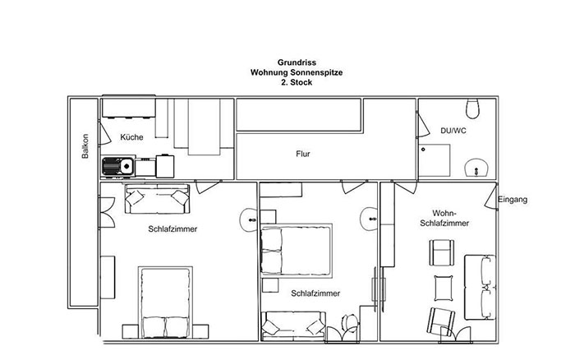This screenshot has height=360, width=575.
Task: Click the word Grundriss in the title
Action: [x=297, y=62]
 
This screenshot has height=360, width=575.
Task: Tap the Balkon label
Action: [x=85, y=146]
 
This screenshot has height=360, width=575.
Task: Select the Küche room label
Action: [x=131, y=137]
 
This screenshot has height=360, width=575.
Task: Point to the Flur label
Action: [x=303, y=154]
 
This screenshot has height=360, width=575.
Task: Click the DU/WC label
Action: [x=453, y=131]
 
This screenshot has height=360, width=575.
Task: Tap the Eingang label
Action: [x=513, y=200]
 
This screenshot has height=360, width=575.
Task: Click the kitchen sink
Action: [x=118, y=167]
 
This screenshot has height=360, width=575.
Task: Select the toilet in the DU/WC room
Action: [x=472, y=108]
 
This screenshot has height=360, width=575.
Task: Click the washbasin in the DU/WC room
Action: [x=476, y=168]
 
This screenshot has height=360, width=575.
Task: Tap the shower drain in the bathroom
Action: [x=423, y=150]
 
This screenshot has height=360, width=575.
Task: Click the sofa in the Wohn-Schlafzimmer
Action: [x=480, y=288]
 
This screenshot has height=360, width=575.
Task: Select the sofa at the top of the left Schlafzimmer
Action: [x=158, y=199]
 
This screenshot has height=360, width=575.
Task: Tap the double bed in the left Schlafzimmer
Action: [x=165, y=302]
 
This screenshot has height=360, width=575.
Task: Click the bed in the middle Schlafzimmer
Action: [x=296, y=251]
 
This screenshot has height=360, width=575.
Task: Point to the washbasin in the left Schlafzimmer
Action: [x=249, y=219]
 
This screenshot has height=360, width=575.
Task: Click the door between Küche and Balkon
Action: [x=104, y=132]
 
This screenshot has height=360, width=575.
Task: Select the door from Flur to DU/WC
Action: [x=422, y=124]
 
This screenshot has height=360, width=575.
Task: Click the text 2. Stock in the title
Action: [x=297, y=82]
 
